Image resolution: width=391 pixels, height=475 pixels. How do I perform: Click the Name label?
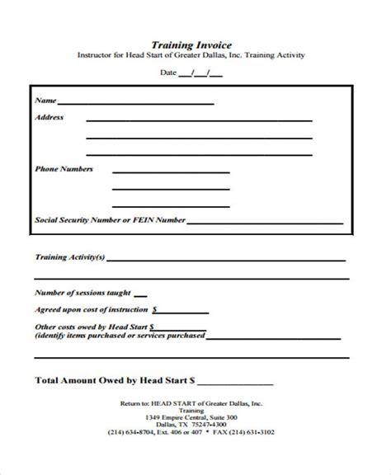tap(45, 101)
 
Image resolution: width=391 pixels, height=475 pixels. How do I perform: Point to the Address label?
tap(49, 117)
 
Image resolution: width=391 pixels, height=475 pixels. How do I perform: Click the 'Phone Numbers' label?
tap(64, 169)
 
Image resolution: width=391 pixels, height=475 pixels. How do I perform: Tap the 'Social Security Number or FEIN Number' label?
tap(110, 220)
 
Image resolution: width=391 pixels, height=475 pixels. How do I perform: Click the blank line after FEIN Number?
tap(264, 223)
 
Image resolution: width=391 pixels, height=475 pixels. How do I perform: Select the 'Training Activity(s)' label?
tap(69, 256)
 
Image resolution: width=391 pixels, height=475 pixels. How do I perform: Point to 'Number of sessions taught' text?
tap(82, 293)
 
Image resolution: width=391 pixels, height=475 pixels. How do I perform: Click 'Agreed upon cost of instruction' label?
tap(92, 310)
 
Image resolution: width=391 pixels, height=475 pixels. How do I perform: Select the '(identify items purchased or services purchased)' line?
tap(120, 336)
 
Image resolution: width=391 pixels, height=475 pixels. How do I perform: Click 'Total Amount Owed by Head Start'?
tap(114, 382)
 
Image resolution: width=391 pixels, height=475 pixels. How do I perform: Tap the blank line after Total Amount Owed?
tap(235, 384)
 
